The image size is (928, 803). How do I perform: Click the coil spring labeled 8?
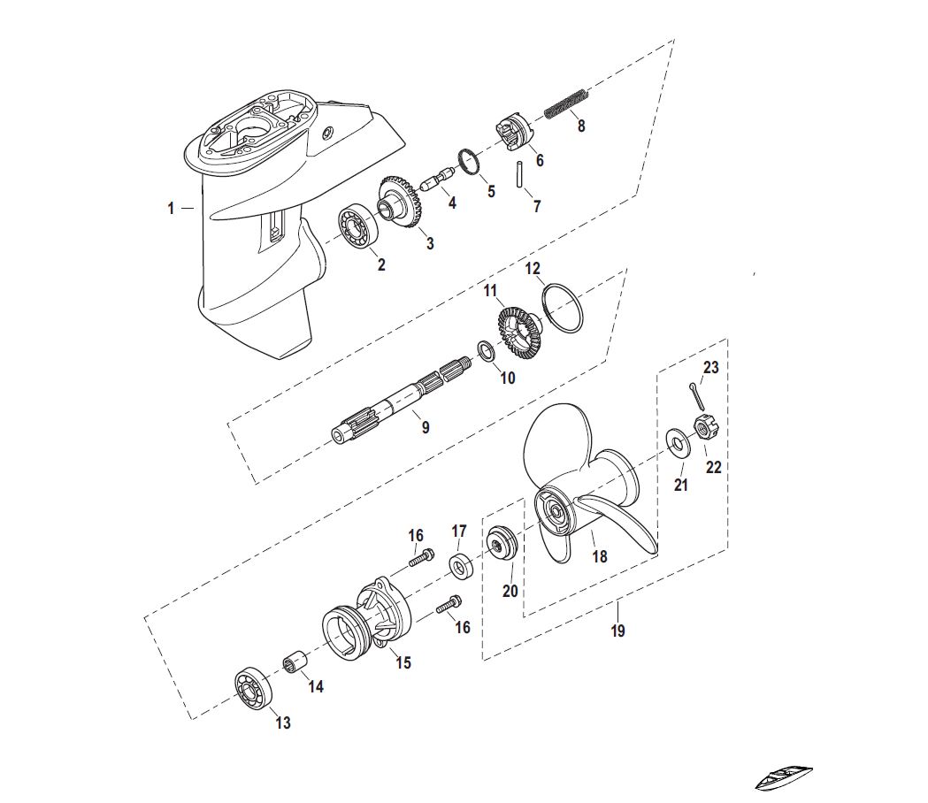(566, 104)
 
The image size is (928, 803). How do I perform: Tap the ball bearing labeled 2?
(358, 226)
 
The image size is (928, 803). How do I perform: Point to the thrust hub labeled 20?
(502, 541)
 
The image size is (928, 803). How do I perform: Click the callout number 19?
(617, 631)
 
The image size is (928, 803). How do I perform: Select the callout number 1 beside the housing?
(171, 209)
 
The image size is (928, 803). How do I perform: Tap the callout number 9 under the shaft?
(426, 426)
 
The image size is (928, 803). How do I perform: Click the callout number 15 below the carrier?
(403, 662)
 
